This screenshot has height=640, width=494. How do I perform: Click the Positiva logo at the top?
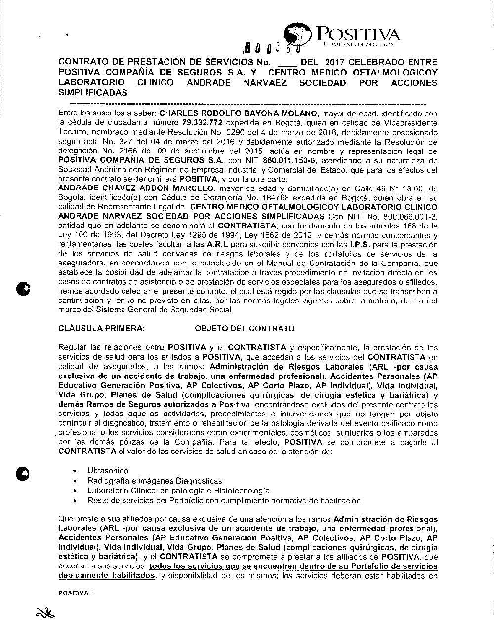(343, 36)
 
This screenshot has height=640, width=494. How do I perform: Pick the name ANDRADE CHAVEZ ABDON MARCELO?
(136, 188)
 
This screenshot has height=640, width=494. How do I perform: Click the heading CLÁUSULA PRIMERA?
(101, 328)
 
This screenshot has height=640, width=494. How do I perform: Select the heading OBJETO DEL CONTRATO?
(245, 328)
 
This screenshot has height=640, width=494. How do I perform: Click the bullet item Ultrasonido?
(108, 471)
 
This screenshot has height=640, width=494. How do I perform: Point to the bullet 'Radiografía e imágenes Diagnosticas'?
(155, 481)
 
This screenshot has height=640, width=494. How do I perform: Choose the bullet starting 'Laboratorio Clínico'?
(178, 490)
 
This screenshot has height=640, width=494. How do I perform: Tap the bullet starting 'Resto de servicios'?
(224, 500)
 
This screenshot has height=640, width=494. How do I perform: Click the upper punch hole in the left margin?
(23, 289)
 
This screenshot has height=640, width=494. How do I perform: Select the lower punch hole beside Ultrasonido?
(23, 472)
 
